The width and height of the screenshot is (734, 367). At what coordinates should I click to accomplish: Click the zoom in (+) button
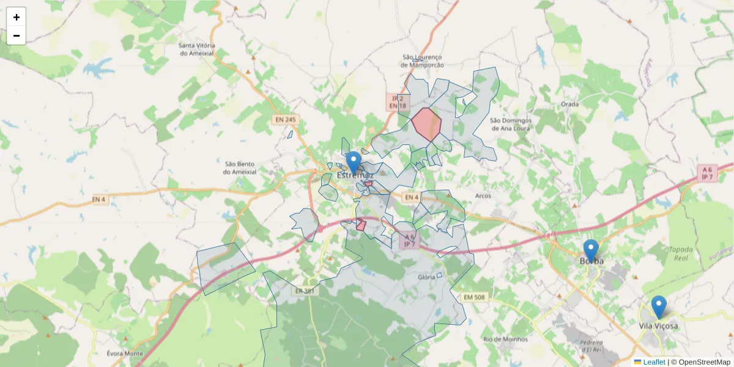[17, 17]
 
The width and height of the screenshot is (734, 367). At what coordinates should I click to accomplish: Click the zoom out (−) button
[17, 35]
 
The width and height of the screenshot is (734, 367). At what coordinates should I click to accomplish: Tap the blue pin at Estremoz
[354, 162]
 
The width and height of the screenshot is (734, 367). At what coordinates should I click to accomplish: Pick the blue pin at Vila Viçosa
[658, 306]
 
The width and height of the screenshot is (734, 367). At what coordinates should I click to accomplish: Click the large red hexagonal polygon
[426, 124]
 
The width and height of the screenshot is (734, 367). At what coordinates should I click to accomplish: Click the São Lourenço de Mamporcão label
[422, 61]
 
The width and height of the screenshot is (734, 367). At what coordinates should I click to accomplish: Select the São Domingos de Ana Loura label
[510, 125]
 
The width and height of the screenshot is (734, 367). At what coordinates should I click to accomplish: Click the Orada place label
[569, 104]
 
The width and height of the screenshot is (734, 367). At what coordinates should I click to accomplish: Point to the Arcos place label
[483, 196]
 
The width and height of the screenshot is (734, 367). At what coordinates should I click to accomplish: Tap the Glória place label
[426, 277]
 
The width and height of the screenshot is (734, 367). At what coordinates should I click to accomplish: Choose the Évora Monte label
[125, 354]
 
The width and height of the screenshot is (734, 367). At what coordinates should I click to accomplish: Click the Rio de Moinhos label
[505, 339]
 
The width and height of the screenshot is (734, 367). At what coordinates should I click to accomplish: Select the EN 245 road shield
[286, 119]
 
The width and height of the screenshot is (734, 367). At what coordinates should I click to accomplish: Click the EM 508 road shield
[474, 297]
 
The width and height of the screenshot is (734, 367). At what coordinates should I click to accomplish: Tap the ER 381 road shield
[304, 291]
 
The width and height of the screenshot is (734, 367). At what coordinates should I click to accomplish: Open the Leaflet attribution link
[654, 362]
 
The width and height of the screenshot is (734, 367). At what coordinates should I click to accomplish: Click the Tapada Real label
[681, 254]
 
